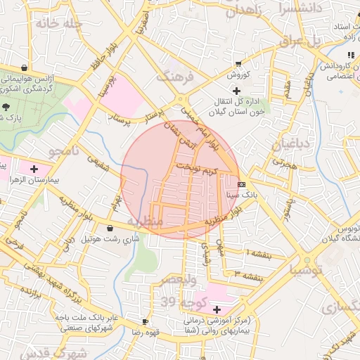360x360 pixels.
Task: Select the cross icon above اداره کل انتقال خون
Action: click(x=236, y=91)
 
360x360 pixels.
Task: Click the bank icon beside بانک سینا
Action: click(x=241, y=184)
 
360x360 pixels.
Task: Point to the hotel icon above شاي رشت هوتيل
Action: click(x=110, y=228)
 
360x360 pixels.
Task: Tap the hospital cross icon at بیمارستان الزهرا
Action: click(x=34, y=169)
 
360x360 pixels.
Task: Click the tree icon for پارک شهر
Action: click(x=6, y=107)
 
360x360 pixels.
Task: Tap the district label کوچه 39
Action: click(x=177, y=302)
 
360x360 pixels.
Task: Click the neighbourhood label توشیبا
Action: click(x=307, y=269)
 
